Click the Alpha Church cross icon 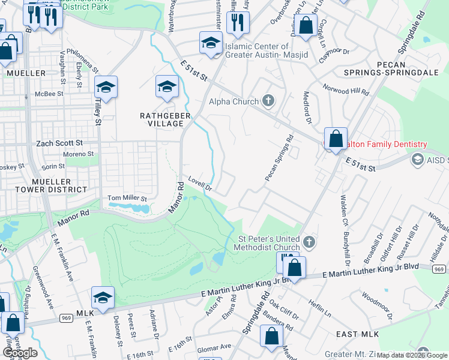point(268,101)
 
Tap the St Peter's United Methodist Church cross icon point(309,242)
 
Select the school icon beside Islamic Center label point(211,43)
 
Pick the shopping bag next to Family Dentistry point(336,139)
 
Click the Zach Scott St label point(59,143)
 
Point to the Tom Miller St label point(127,198)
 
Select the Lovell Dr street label point(200,182)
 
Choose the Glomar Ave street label point(214,346)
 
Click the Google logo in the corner point(20,353)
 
